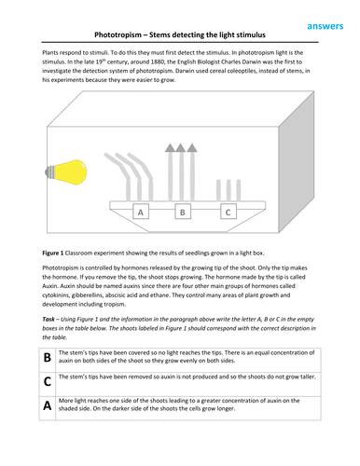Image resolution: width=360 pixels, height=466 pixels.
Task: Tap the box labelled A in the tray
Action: point(142,212)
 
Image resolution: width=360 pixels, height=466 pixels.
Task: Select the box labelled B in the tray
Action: point(183,212)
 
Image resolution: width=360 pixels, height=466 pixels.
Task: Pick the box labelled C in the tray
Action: point(228,212)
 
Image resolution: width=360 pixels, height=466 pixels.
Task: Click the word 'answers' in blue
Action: point(326,11)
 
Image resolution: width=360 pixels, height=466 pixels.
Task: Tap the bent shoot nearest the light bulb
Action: point(122,172)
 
